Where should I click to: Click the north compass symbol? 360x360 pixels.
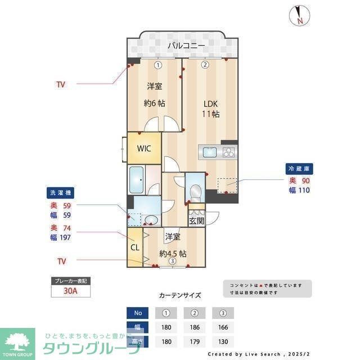[299, 15]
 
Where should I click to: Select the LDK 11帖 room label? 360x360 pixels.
[210, 109]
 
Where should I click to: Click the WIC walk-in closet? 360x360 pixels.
[144, 148]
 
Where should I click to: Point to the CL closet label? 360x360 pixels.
[135, 247]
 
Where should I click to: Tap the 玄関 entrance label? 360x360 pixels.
[196, 220]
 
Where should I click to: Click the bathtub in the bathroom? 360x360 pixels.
[137, 180]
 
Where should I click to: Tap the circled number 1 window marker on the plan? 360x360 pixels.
[158, 65]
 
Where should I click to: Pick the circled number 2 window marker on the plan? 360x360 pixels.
[205, 65]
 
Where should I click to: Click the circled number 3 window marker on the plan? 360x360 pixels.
[172, 260]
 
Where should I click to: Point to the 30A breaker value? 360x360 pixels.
[71, 291]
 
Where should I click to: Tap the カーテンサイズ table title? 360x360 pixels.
[180, 295]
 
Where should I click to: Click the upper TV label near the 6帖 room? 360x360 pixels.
[60, 84]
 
